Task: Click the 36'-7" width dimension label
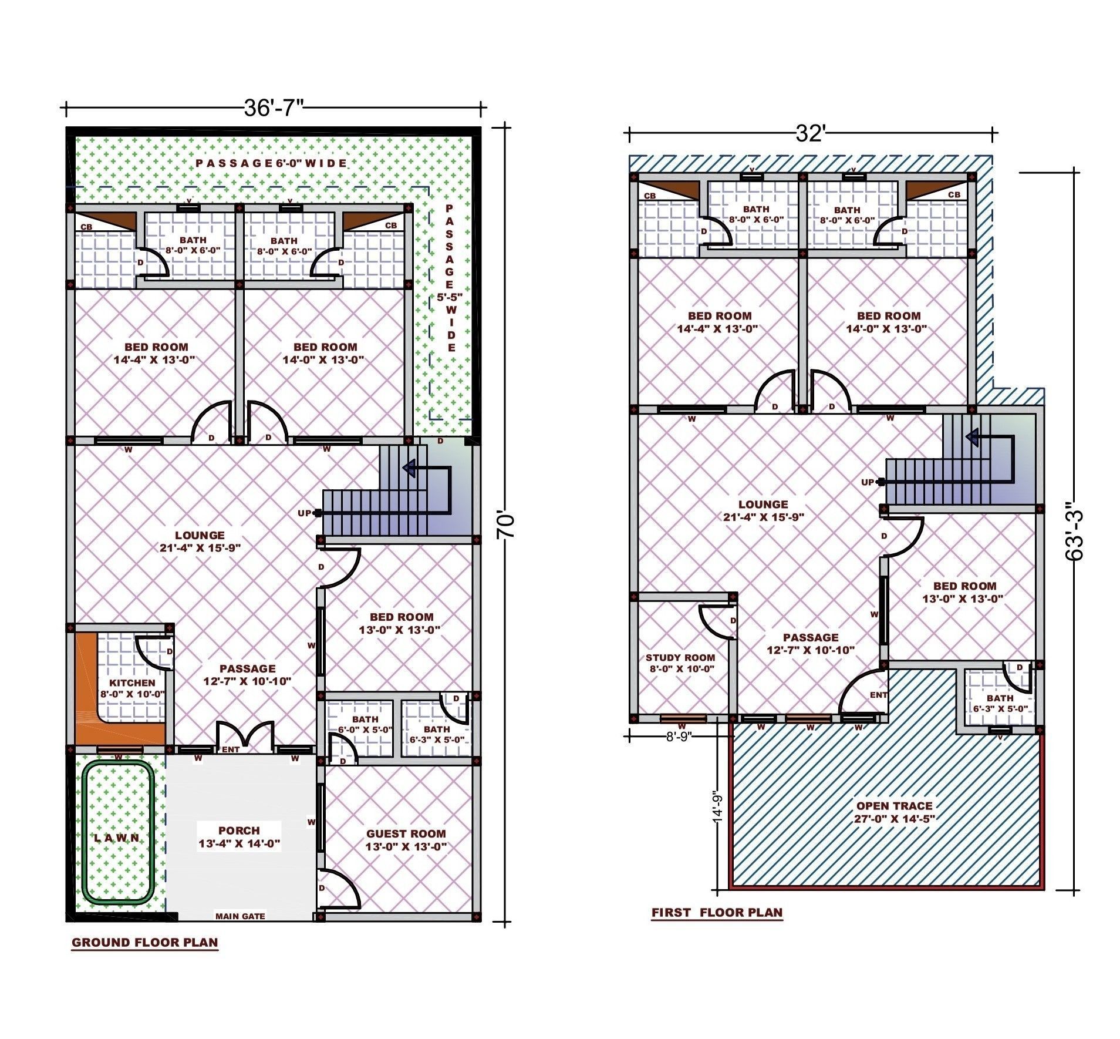274,108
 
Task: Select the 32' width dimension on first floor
810,135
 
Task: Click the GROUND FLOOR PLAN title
144,943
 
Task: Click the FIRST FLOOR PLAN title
717,912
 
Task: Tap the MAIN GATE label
240,916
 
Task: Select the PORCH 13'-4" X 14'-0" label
239,838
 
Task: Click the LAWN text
117,838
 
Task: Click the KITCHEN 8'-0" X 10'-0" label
133,688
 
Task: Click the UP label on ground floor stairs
304,513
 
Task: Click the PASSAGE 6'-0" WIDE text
271,163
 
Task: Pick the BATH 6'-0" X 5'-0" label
365,724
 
